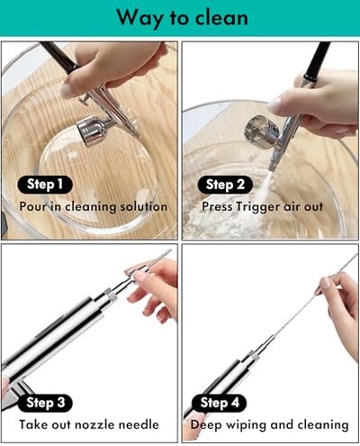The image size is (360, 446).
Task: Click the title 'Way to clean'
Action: coord(180,17)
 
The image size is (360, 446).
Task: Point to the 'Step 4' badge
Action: coord(220,403)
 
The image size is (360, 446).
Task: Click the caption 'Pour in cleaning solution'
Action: coord(94,206)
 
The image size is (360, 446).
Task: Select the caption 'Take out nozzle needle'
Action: coord(89,423)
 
